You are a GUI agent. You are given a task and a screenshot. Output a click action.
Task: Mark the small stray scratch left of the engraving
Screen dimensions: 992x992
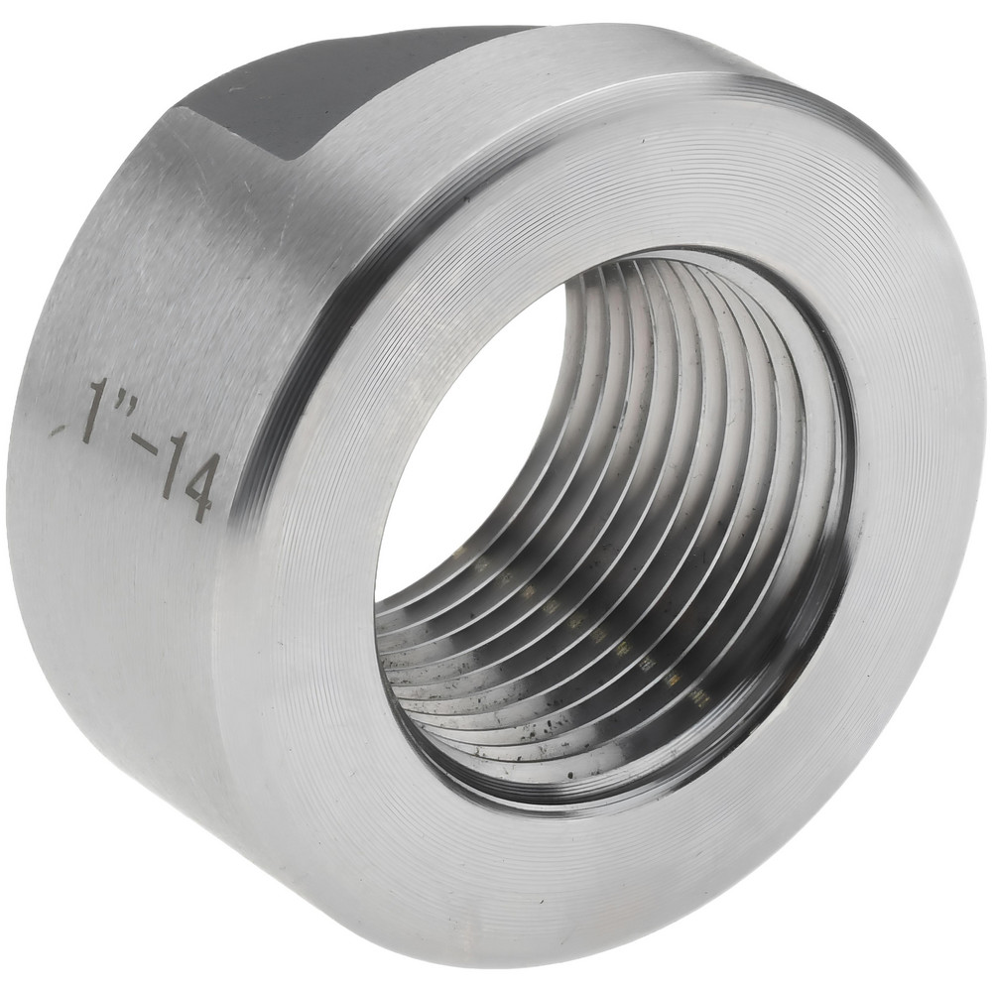pyautogui.click(x=58, y=430)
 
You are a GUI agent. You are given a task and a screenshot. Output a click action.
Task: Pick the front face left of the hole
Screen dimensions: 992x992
pyautogui.click(x=298, y=496)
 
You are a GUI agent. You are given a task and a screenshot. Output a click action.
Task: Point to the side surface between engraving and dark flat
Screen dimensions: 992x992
pyautogui.click(x=198, y=248)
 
